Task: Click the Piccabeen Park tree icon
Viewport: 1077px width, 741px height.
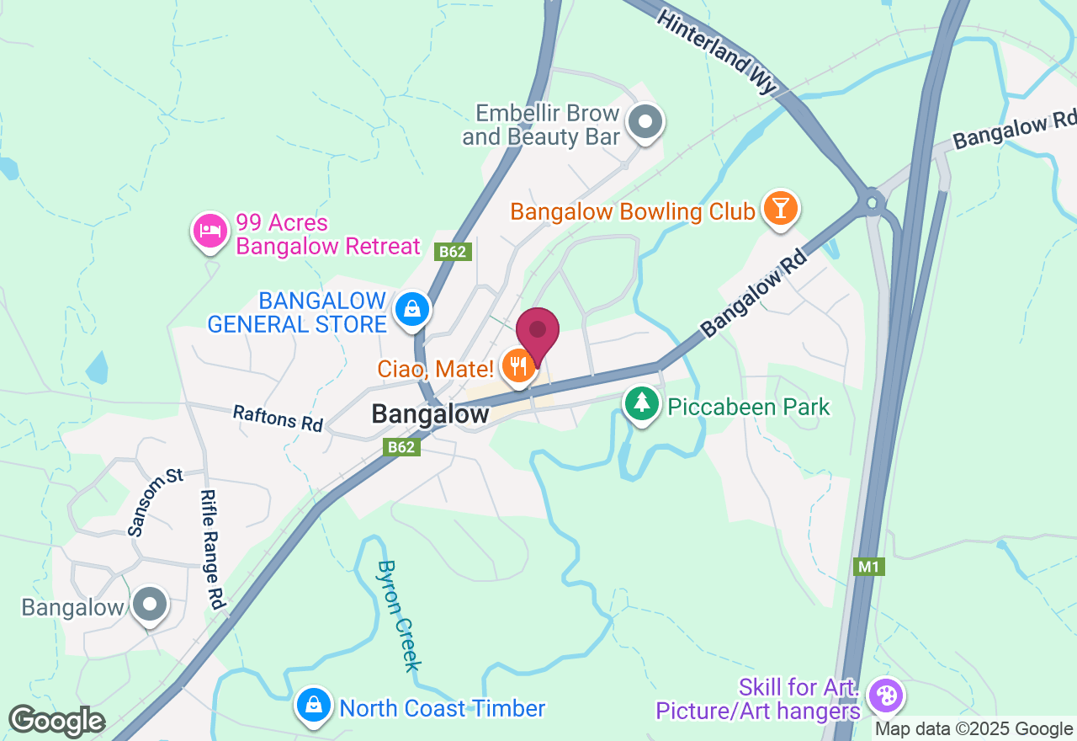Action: [x=642, y=403]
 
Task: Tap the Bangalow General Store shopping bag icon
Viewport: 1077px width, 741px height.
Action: [x=412, y=309]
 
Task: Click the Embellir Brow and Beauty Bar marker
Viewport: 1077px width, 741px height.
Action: [x=645, y=121]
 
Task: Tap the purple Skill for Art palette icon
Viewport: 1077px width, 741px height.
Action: [x=885, y=696]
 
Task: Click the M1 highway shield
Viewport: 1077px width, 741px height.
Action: [x=868, y=567]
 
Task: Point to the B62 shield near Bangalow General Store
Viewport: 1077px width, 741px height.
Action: [x=454, y=251]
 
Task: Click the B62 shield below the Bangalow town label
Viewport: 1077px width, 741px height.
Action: [x=401, y=447]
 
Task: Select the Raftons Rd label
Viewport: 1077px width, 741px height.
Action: [x=278, y=418]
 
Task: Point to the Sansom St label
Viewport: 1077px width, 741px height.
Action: [x=155, y=503]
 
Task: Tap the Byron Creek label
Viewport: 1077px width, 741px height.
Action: [x=399, y=616]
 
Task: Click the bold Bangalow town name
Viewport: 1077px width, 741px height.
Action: [x=430, y=414]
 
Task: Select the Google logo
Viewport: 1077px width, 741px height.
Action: [x=56, y=721]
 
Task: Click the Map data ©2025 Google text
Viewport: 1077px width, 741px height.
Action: [x=974, y=729]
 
